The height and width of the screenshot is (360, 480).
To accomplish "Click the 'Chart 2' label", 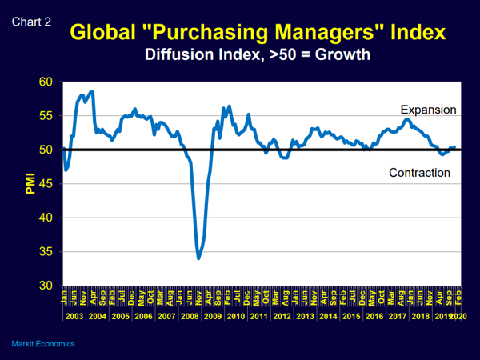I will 32,22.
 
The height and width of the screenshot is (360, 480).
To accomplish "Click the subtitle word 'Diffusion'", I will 179,56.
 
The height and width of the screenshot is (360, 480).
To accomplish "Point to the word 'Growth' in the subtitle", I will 346,56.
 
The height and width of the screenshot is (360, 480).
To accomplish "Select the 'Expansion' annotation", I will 428,110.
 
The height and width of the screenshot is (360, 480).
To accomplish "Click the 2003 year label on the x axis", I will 74,317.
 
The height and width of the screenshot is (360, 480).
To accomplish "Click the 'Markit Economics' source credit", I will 43,343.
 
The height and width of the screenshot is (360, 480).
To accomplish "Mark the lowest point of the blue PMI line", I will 198,258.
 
